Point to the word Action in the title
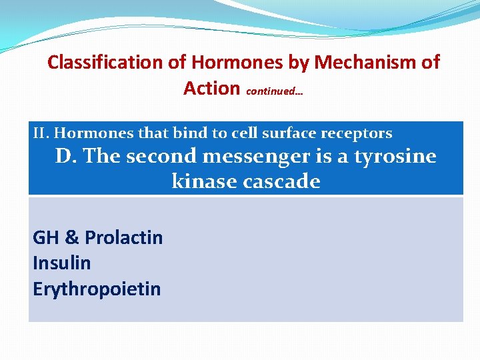211,88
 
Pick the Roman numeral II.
41,133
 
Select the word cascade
283,181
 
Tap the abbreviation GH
45,238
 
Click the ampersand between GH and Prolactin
71,238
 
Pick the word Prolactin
124,238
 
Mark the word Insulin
61,263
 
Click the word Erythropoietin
97,289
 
